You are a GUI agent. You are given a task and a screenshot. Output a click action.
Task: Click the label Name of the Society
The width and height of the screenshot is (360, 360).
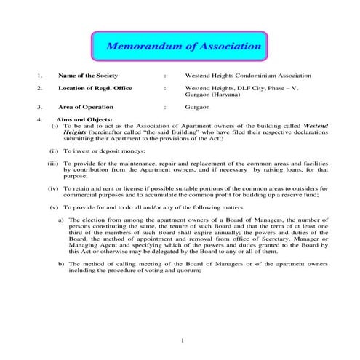pos(88,76)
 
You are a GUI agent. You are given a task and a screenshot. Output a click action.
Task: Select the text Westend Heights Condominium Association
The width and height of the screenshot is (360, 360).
pos(248,76)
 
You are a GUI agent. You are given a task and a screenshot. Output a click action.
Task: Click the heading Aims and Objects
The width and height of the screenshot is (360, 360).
pos(82,119)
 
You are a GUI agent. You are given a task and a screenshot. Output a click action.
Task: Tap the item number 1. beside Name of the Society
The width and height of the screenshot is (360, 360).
pos(39,76)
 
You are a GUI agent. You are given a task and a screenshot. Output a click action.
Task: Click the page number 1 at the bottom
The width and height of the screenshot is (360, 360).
pos(182,341)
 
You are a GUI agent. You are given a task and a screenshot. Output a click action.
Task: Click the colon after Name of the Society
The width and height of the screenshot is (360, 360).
pos(166,76)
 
